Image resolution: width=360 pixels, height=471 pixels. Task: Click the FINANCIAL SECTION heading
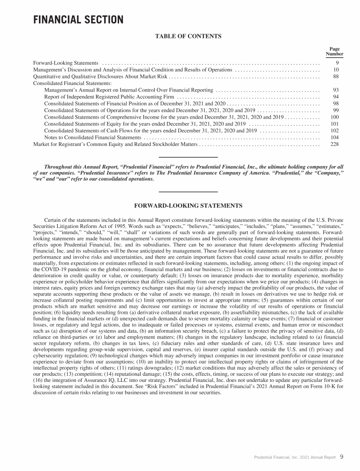tap(78, 20)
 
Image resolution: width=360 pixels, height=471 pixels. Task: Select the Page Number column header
tap(334, 51)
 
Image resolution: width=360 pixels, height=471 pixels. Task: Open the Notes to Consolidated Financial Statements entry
tap(92, 137)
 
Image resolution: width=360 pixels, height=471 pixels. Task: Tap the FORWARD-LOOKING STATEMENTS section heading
tap(188, 205)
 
